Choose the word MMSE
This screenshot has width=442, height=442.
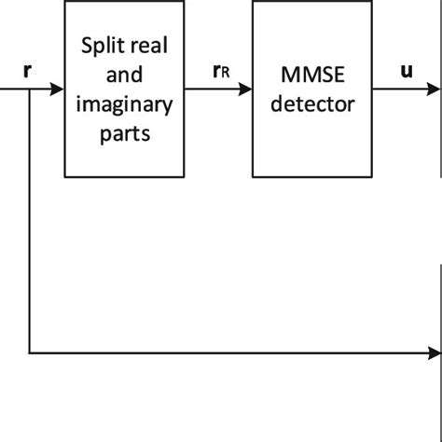[x=312, y=75]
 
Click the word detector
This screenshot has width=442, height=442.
[x=312, y=104]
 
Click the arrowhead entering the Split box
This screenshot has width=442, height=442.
[x=58, y=90]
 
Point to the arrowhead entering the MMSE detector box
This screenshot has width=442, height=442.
[x=246, y=90]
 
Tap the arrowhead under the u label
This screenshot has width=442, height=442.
[x=435, y=90]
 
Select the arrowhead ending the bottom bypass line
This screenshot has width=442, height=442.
[x=435, y=353]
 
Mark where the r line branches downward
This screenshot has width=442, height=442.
[x=30, y=90]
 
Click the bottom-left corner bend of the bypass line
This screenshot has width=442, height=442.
[x=30, y=353]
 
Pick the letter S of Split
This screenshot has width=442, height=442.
[x=86, y=46]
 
